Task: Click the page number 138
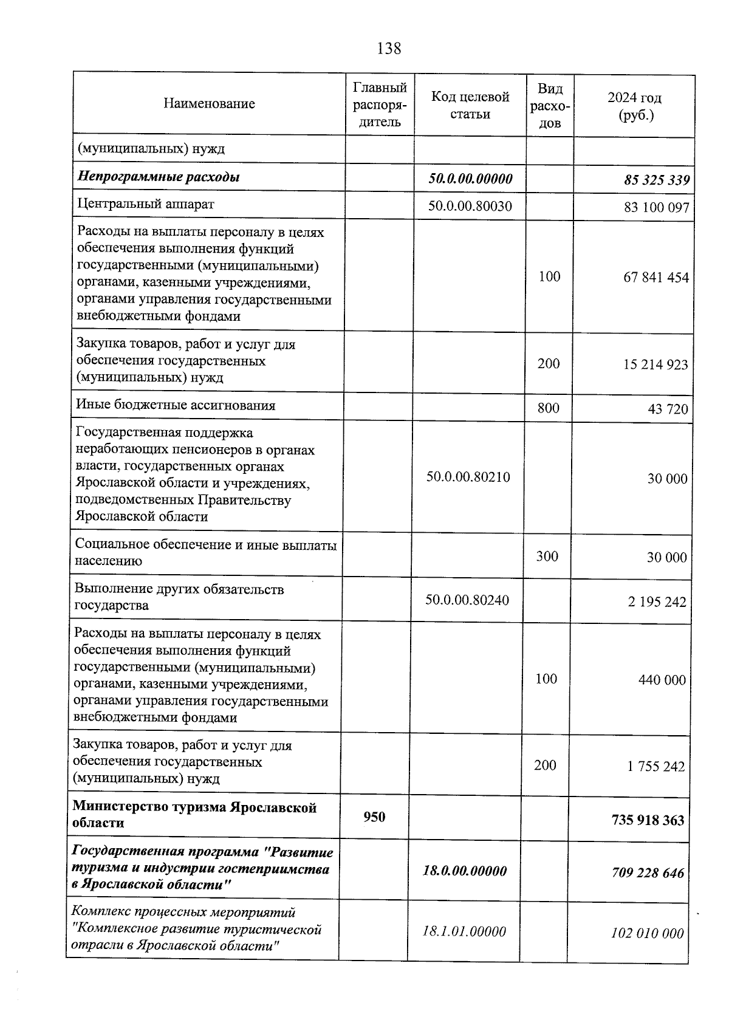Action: [x=389, y=49]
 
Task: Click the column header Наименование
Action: [x=209, y=104]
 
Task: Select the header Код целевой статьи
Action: [x=470, y=105]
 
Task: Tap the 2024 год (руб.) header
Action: [x=634, y=106]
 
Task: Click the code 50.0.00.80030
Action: [x=470, y=207]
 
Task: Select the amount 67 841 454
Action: [x=656, y=278]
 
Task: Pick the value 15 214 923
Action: [x=655, y=365]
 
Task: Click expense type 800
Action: [x=549, y=408]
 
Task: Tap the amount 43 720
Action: [x=668, y=409]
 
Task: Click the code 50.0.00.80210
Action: [x=468, y=478]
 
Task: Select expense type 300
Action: [x=547, y=557]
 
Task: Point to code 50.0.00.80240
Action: [x=467, y=601]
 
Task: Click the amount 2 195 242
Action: [x=657, y=602]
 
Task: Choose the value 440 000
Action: [x=662, y=680]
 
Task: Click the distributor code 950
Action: [x=374, y=817]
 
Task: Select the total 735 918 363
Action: [x=648, y=821]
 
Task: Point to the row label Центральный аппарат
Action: [x=145, y=204]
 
